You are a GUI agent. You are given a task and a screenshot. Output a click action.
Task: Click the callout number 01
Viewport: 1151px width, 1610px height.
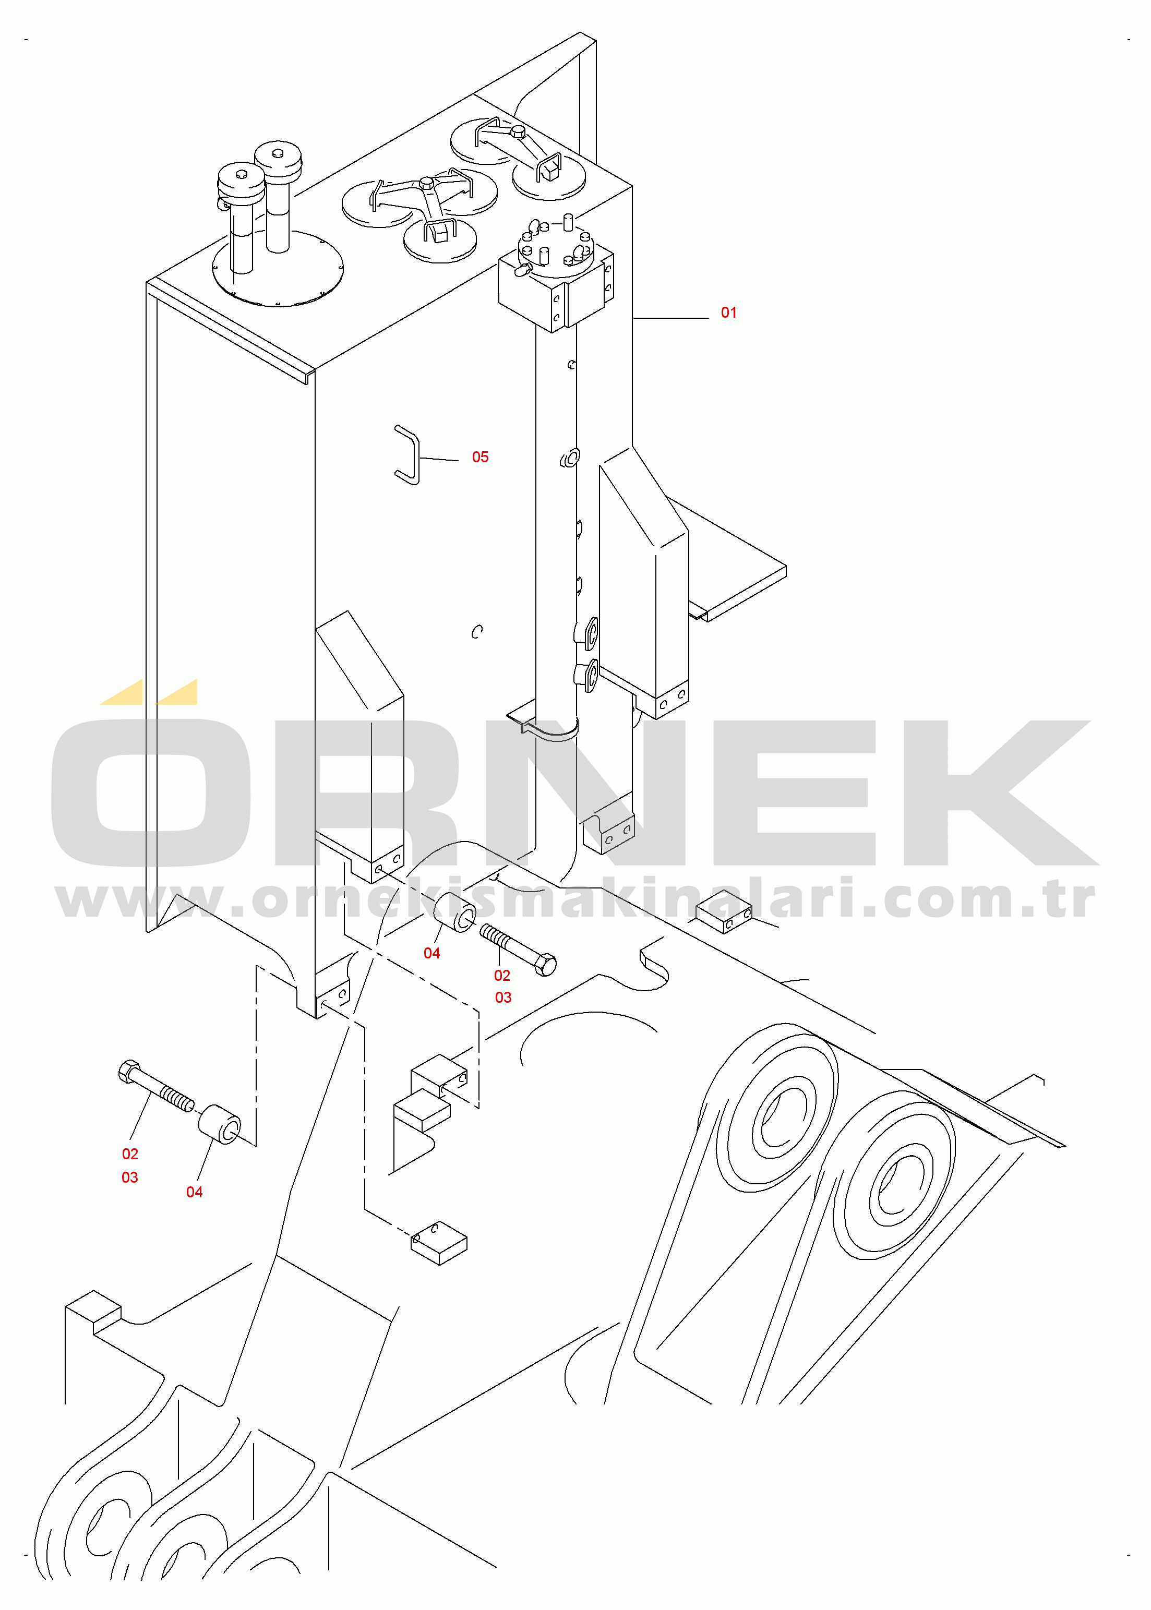pyautogui.click(x=728, y=313)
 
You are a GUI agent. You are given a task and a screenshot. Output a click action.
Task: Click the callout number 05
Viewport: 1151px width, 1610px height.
pyautogui.click(x=480, y=457)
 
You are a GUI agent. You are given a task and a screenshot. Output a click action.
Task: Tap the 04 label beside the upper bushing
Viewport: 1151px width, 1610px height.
pyautogui.click(x=431, y=953)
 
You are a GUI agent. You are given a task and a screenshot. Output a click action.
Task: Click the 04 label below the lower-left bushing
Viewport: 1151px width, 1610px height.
pyautogui.click(x=194, y=1192)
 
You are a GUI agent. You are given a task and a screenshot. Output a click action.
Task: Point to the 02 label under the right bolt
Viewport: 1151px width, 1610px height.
pyautogui.click(x=502, y=975)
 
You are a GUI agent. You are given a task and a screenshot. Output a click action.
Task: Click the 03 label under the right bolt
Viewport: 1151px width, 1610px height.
pyautogui.click(x=502, y=997)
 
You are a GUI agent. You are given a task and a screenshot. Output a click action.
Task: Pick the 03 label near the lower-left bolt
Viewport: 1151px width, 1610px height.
pyautogui.click(x=130, y=1177)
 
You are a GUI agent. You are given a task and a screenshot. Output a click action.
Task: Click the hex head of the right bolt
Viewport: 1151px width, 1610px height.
pyautogui.click(x=546, y=965)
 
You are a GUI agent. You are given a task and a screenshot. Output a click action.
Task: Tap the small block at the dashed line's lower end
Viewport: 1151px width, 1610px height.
pyautogui.click(x=439, y=1243)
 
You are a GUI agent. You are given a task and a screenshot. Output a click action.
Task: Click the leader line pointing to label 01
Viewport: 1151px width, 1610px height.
pyautogui.click(x=670, y=318)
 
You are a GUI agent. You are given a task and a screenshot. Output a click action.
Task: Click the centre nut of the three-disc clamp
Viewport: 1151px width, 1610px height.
pyautogui.click(x=425, y=183)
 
